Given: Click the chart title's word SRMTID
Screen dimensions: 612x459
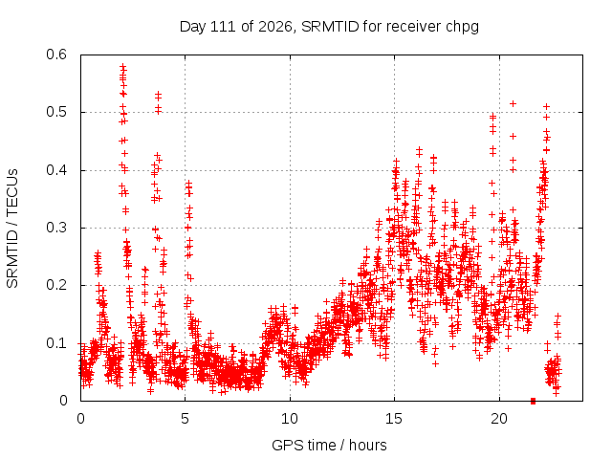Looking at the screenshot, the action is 330,27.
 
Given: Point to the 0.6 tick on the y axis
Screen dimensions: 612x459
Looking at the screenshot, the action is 56,55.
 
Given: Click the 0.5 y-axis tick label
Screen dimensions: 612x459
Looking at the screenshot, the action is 56,112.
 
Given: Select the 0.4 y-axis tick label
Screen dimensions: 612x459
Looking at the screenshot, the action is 56,170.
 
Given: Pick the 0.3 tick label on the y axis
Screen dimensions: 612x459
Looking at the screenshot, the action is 56,228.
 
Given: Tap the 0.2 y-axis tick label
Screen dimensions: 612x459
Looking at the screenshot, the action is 56,285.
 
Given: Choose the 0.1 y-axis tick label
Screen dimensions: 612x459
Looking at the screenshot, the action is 56,343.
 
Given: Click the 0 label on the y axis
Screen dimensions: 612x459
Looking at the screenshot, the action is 63,401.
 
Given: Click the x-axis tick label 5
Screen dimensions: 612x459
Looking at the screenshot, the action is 185,419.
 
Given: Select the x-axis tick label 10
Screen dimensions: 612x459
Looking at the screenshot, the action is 290,419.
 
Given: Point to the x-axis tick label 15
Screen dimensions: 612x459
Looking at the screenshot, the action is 394,419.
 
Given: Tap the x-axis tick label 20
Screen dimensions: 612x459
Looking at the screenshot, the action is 499,419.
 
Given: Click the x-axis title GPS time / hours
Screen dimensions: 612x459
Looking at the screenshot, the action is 329,446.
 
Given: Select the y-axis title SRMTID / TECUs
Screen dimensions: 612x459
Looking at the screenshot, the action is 12,229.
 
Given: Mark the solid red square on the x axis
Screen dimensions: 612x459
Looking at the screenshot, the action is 534,401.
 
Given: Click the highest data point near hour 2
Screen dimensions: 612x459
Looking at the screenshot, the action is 123,67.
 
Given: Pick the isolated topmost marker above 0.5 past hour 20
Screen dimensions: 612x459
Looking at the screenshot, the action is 514,104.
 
